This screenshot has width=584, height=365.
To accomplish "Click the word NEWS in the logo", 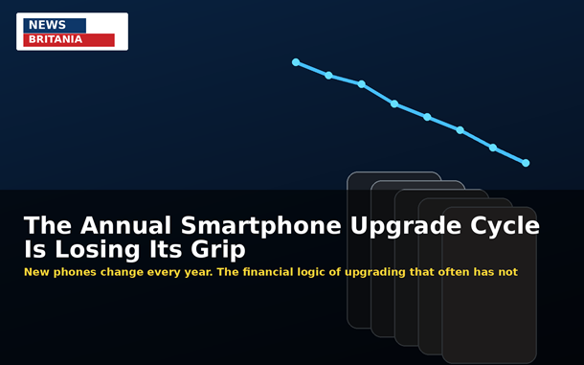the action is tap(47, 25).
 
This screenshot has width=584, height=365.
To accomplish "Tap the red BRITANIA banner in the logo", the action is tap(69, 40).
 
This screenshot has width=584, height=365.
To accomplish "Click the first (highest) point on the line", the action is tap(296, 62).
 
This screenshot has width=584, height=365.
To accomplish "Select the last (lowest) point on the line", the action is tap(526, 163).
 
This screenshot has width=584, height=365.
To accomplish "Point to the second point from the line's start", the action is tap(328, 76).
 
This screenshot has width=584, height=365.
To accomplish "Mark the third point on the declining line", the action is tap(361, 84).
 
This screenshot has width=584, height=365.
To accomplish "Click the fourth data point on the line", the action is tap(394, 103).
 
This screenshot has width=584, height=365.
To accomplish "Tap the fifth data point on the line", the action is tap(427, 117).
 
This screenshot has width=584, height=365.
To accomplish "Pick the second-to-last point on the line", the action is tap(493, 148).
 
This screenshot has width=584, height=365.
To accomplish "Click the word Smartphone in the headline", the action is tap(260, 226).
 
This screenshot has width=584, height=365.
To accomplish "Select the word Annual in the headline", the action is tap(125, 225).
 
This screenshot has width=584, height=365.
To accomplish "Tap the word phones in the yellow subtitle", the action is tap(75, 272).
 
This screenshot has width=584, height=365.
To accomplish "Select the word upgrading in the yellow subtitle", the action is tap(374, 272).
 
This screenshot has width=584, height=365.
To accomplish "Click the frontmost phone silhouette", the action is tap(489, 285).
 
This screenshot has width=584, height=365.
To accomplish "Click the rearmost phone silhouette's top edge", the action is tap(393, 172).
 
